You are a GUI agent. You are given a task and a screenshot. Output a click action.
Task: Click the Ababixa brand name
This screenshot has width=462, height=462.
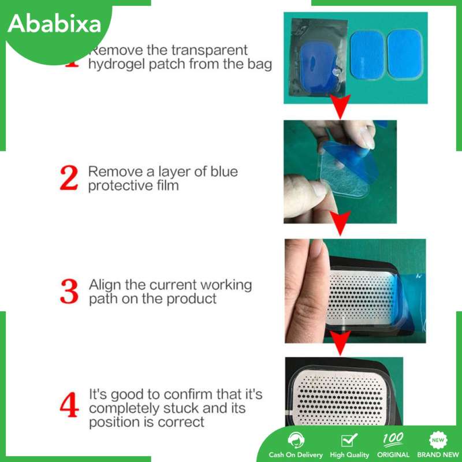pos(54,24)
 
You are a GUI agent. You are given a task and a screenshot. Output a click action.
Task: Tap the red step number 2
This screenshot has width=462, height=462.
pos(69,178)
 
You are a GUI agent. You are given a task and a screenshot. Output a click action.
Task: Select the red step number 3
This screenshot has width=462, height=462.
pos(69,292)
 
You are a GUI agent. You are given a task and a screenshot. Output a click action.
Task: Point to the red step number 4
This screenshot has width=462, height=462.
pos(69,405)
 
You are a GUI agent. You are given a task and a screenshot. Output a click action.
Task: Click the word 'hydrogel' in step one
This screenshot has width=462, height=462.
pos(117,65)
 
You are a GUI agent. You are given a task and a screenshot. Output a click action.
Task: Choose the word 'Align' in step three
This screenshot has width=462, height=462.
pos(106,285)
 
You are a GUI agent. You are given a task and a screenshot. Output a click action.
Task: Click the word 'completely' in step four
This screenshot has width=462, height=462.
pos(124,409)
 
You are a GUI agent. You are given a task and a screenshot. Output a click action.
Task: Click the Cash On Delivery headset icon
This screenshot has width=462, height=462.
pos(295,440)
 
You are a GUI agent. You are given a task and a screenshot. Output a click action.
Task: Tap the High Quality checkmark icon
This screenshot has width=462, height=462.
pos(349,440)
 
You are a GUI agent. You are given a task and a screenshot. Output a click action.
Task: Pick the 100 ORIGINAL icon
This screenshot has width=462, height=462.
pos(393,439)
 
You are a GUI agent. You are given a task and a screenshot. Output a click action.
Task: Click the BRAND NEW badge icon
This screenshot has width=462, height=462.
pos(438,440)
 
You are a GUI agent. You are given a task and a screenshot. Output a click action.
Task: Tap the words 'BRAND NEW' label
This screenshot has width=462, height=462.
pos(438,455)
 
